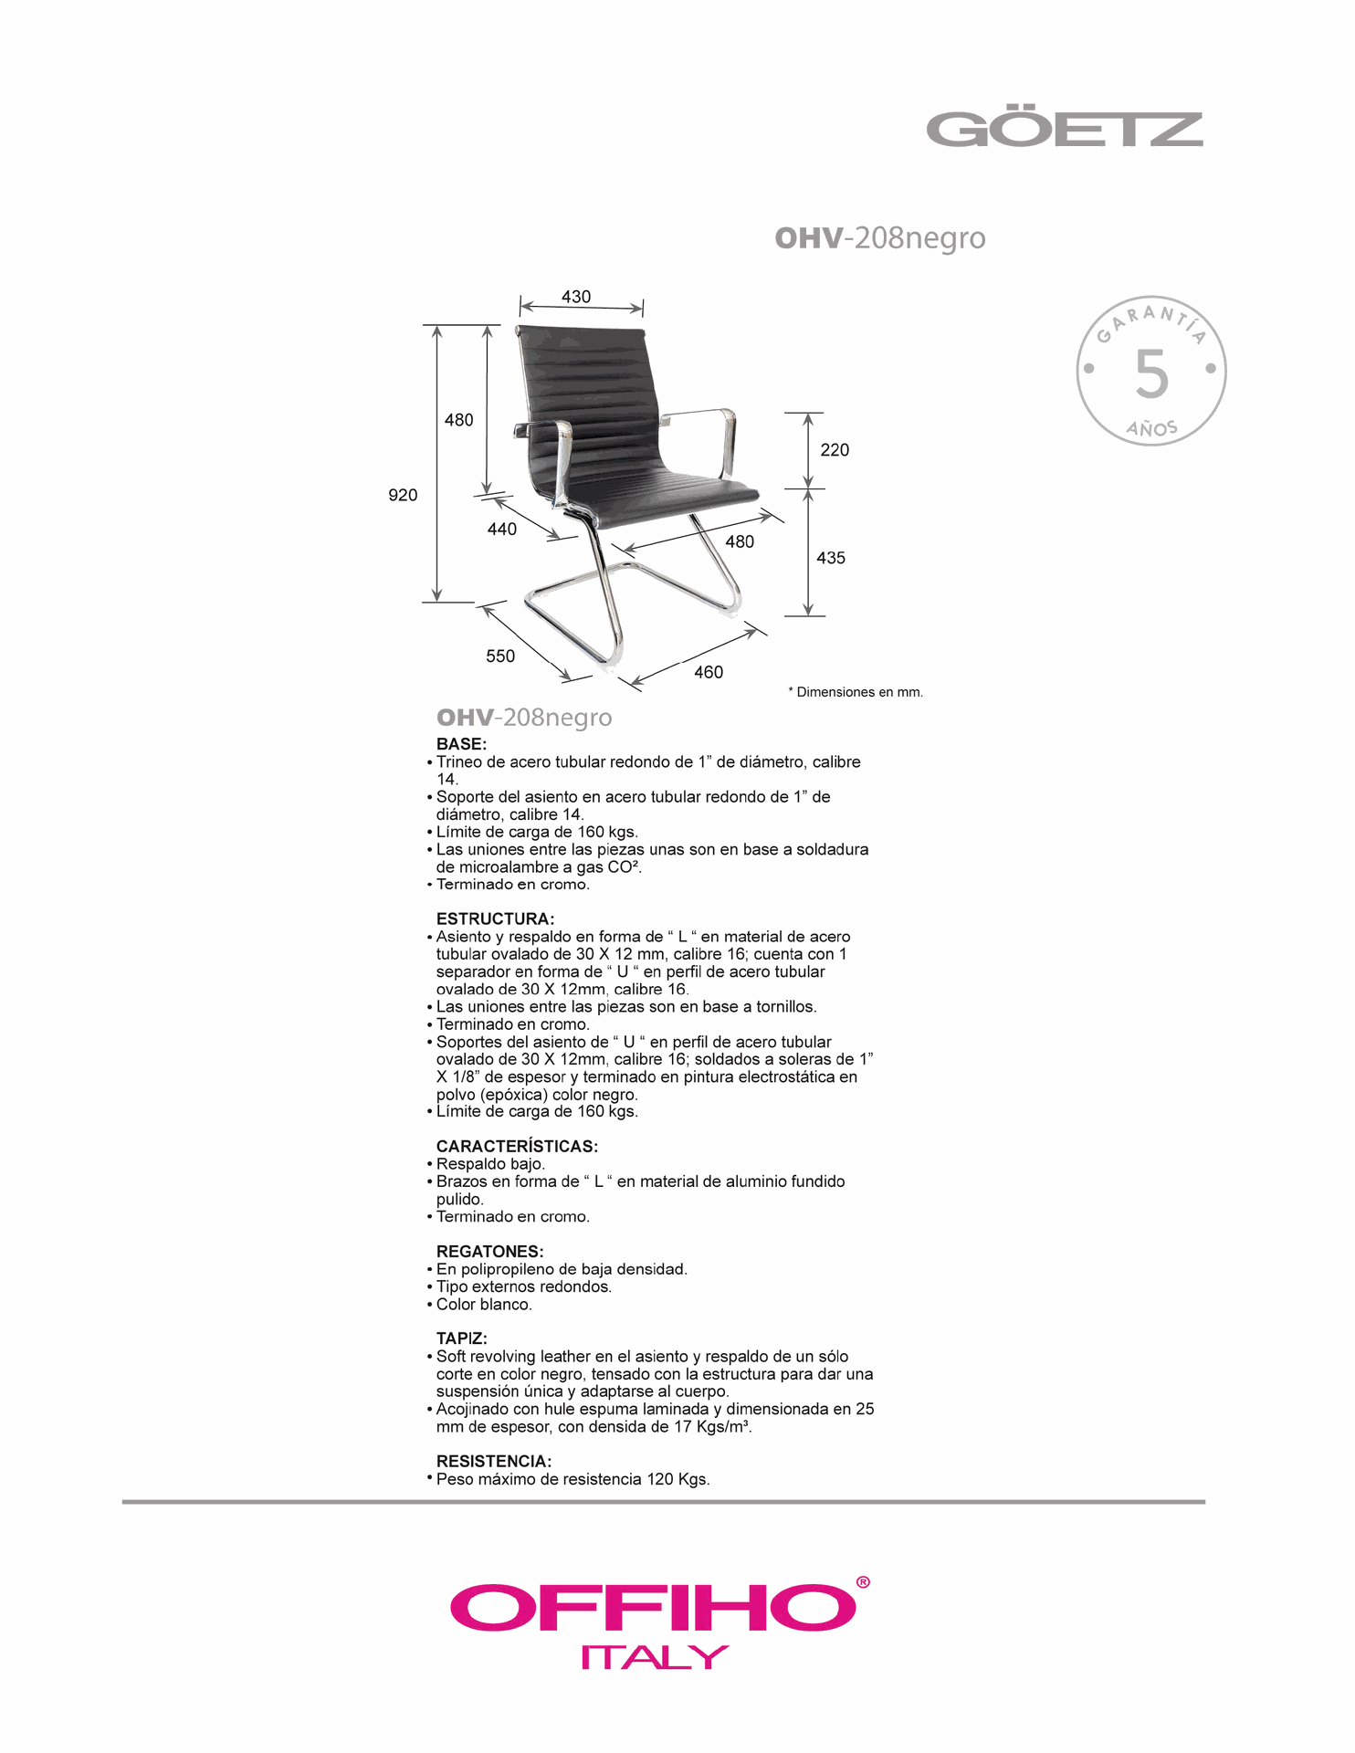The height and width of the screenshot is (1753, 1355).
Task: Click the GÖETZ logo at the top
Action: pyautogui.click(x=1065, y=130)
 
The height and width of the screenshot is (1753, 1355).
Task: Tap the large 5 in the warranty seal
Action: pyautogui.click(x=1151, y=374)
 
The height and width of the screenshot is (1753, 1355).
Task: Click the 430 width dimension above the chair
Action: pyautogui.click(x=576, y=297)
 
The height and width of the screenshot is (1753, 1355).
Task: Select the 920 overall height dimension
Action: pyautogui.click(x=403, y=495)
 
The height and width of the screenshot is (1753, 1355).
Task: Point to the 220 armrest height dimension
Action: pyautogui.click(x=835, y=449)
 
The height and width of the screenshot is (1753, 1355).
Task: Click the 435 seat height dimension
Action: pyautogui.click(x=831, y=557)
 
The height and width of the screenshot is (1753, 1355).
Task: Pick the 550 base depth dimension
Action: pyautogui.click(x=500, y=656)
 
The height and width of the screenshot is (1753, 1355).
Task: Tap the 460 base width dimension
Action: pyautogui.click(x=709, y=672)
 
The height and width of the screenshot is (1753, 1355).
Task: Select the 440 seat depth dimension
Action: pyautogui.click(x=502, y=529)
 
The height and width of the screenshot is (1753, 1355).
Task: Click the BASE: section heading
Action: pyautogui.click(x=461, y=744)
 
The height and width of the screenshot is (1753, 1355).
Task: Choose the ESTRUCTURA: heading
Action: pyautogui.click(x=495, y=918)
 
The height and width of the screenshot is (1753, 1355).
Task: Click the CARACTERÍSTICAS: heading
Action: pyautogui.click(x=517, y=1146)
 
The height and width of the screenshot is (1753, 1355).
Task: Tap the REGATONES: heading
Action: pyautogui.click(x=489, y=1251)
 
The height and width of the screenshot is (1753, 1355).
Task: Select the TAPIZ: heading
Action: pyautogui.click(x=461, y=1338)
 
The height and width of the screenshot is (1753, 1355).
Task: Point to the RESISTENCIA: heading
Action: pyautogui.click(x=494, y=1461)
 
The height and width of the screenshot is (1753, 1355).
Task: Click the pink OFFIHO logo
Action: pyautogui.click(x=654, y=1609)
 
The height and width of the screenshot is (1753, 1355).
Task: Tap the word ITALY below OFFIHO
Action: pyautogui.click(x=655, y=1656)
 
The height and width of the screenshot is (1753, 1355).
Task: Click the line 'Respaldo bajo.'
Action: pyautogui.click(x=490, y=1164)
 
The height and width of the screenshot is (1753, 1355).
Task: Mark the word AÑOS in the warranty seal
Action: pyautogui.click(x=1151, y=427)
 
